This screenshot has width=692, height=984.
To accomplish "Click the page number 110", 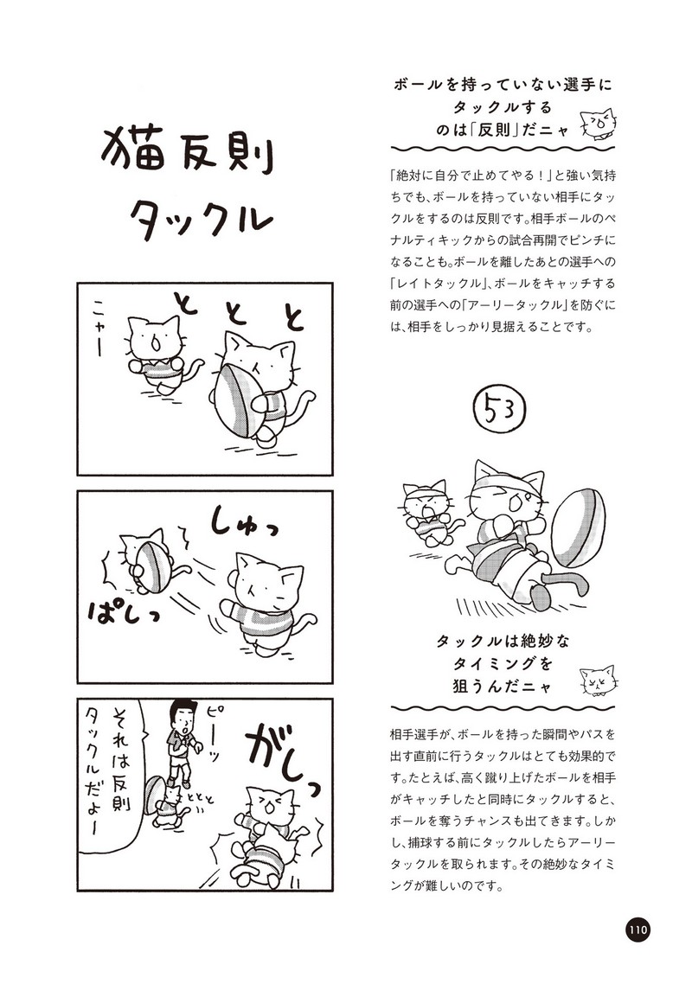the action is pyautogui.click(x=637, y=929).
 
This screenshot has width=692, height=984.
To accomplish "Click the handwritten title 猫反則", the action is pyautogui.click(x=187, y=150).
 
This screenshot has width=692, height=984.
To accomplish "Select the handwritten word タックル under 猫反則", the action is pyautogui.click(x=200, y=216).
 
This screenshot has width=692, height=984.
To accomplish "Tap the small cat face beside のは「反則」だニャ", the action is pyautogui.click(x=597, y=124).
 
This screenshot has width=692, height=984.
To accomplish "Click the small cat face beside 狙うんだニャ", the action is pyautogui.click(x=598, y=680).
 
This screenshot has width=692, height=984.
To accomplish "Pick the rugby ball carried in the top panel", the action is pyautogui.click(x=237, y=399).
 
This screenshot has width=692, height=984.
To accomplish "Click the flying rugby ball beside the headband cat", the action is pyautogui.click(x=579, y=527).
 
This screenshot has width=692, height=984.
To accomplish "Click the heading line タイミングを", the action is pyautogui.click(x=503, y=663).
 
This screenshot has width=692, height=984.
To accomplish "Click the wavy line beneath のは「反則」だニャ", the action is pyautogui.click(x=503, y=150).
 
